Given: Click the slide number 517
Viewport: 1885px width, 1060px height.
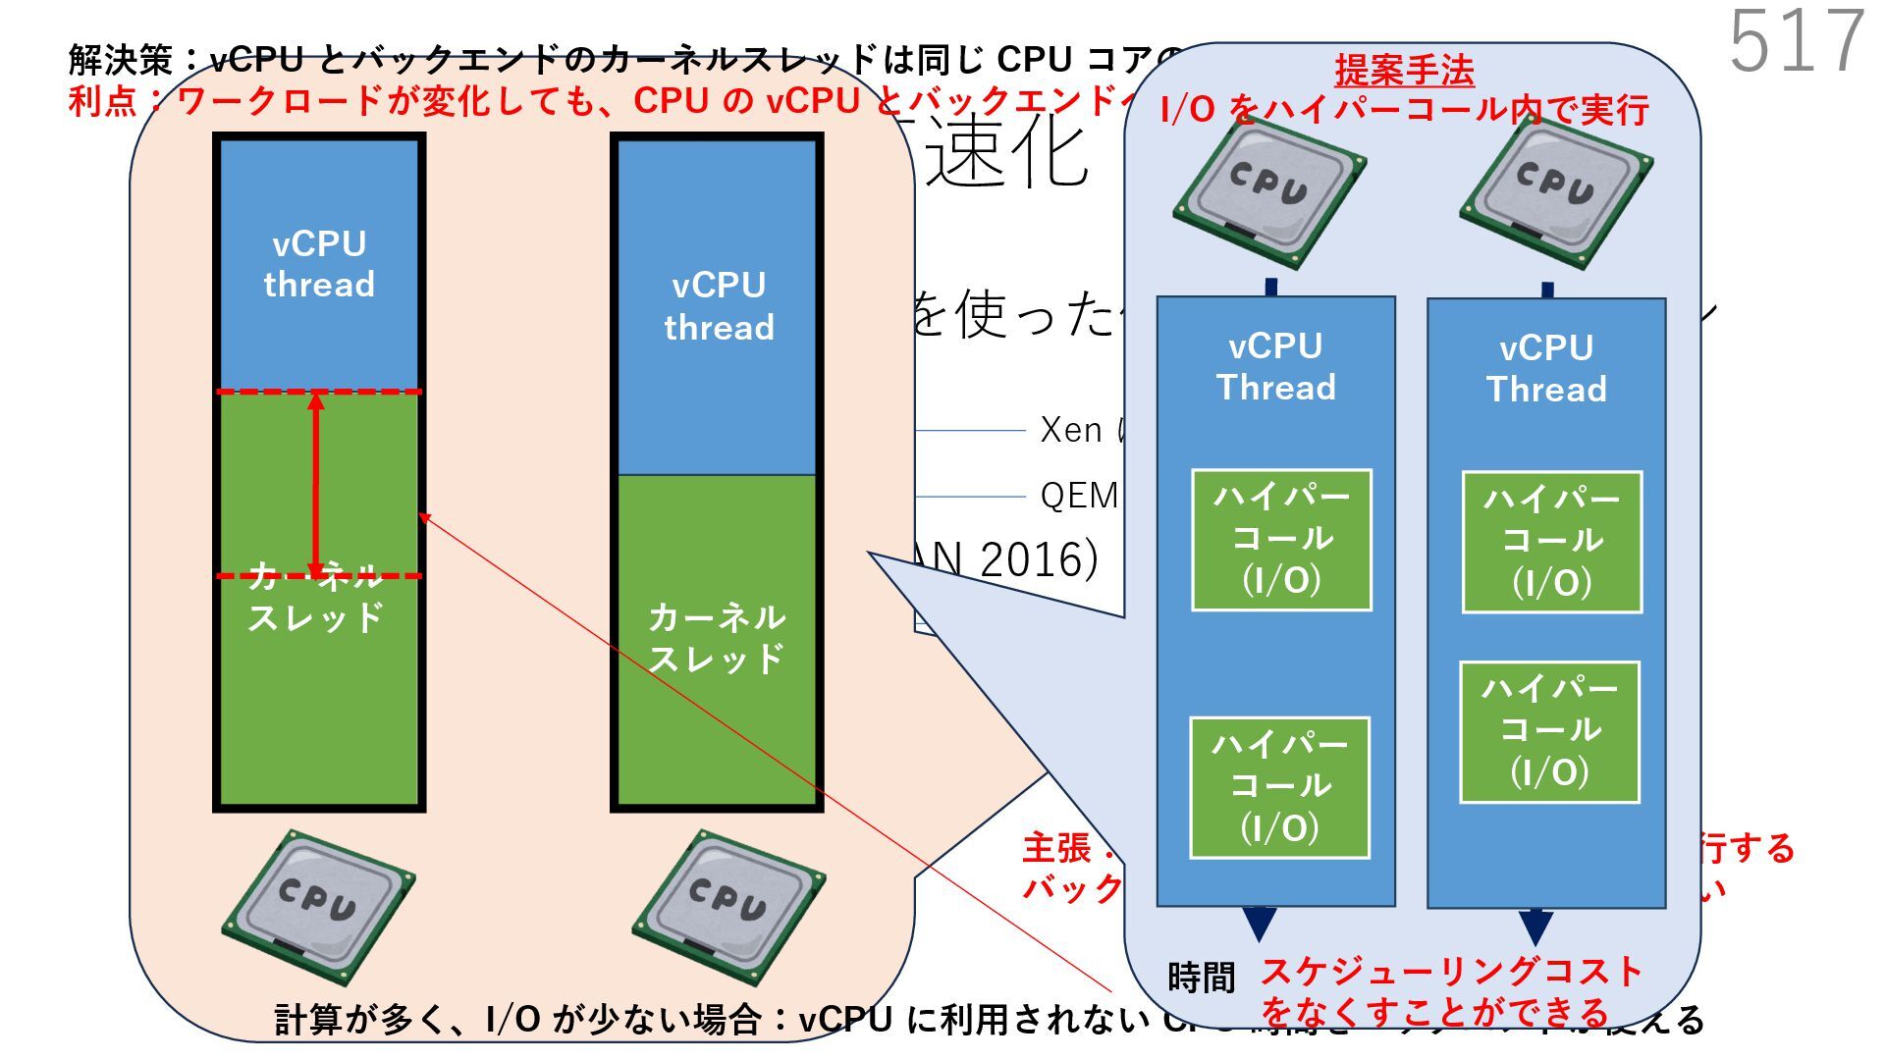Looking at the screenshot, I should (1796, 41).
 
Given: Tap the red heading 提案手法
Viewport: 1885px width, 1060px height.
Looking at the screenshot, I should (1404, 71).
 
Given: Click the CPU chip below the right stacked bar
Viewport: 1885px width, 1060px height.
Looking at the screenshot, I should (727, 906).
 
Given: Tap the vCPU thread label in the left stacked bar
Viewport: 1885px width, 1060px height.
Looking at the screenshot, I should (319, 264).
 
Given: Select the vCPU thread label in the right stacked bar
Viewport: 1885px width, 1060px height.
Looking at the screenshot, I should (719, 306).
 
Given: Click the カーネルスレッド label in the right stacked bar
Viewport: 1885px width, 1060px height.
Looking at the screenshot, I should (717, 638).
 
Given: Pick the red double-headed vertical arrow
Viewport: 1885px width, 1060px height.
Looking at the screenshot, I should (316, 484).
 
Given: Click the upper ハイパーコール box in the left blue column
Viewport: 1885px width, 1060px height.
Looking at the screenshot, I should (1281, 540).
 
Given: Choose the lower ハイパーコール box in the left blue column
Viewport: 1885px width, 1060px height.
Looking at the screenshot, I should (1279, 787).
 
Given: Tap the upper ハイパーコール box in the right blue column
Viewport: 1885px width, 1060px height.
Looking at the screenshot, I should (1551, 542).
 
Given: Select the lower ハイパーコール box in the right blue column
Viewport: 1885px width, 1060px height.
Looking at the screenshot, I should (1549, 731).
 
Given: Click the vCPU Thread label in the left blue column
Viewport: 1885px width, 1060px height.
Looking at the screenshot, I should (1275, 367).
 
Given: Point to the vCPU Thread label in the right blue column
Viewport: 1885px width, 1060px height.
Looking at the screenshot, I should (1546, 369).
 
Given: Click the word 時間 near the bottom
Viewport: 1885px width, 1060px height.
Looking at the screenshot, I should (1201, 978).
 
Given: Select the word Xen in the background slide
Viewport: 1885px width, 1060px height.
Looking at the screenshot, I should (1070, 430).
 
